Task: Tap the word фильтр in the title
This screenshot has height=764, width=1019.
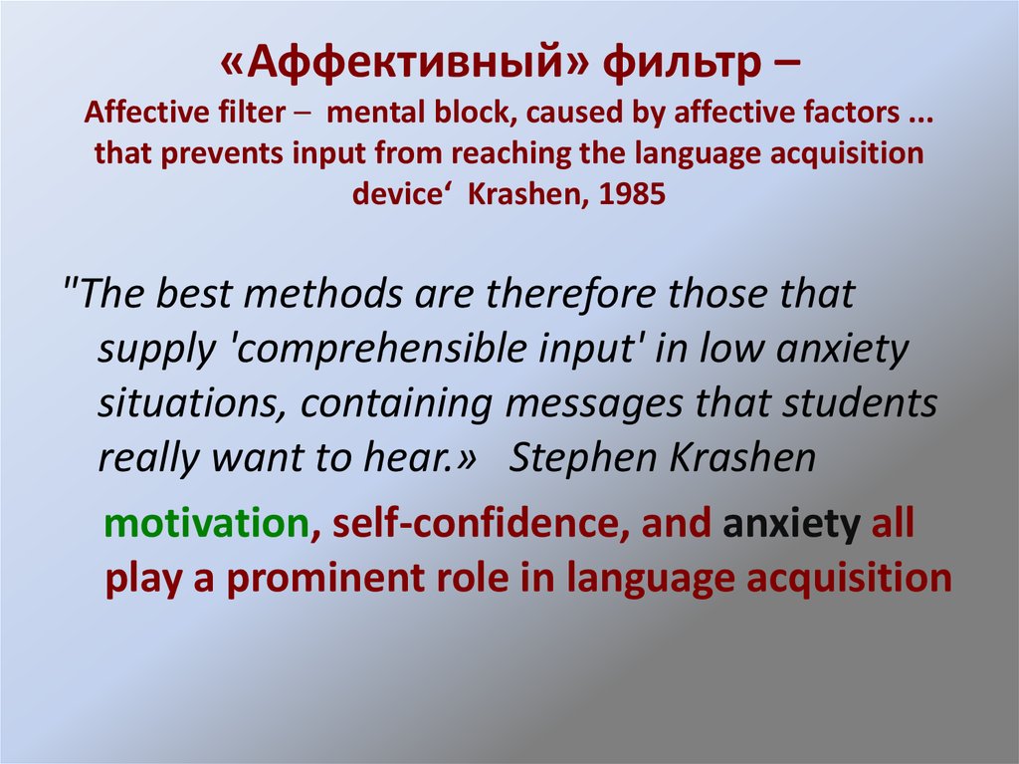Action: coord(677,68)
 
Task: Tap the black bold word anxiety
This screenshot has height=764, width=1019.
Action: coord(792,524)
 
